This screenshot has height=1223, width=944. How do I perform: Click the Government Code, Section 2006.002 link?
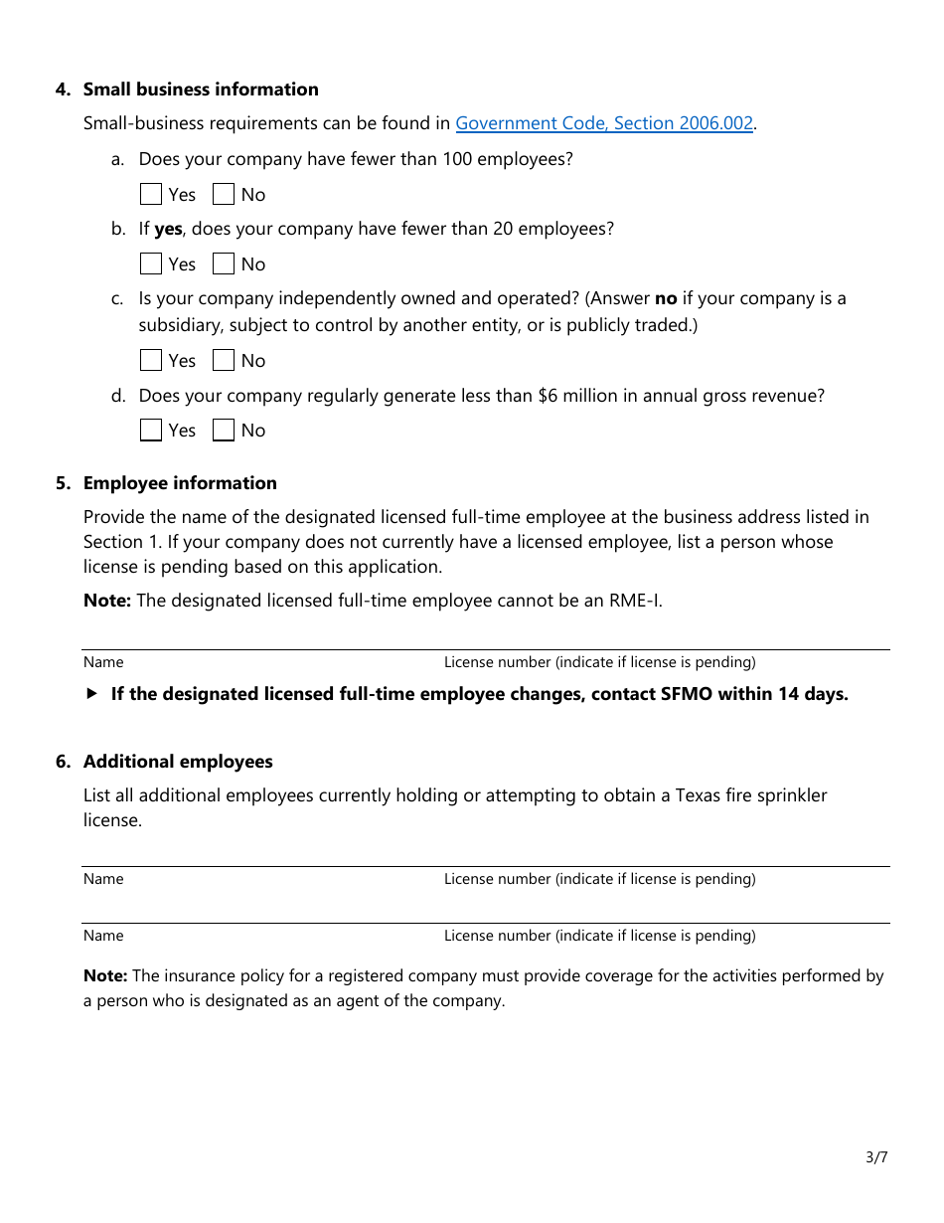[x=604, y=123]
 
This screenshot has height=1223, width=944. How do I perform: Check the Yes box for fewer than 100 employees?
[x=151, y=194]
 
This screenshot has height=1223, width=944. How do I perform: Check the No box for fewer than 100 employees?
[x=224, y=194]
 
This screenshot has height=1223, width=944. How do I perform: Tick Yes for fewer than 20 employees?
[x=151, y=263]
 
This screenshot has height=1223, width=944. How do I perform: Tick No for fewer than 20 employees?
[x=224, y=263]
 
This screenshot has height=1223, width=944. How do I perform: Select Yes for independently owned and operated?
[x=151, y=360]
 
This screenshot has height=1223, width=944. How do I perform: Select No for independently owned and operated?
[x=224, y=360]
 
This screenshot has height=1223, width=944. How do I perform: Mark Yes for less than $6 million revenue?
[x=151, y=430]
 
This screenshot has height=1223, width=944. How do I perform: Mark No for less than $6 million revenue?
[x=224, y=430]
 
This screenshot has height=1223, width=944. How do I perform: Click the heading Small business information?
[x=201, y=89]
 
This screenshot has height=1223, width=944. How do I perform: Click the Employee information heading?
[x=180, y=483]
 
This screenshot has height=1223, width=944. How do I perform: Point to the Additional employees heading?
[x=178, y=762]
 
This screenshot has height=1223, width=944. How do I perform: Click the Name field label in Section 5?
[x=103, y=662]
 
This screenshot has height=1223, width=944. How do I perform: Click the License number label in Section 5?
[x=599, y=662]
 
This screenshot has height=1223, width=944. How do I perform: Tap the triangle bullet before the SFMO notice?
[x=92, y=694]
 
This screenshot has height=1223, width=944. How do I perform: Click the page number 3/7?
[x=876, y=1156]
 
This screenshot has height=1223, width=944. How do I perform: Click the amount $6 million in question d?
[x=578, y=396]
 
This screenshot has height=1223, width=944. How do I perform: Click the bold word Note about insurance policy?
[x=105, y=976]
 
